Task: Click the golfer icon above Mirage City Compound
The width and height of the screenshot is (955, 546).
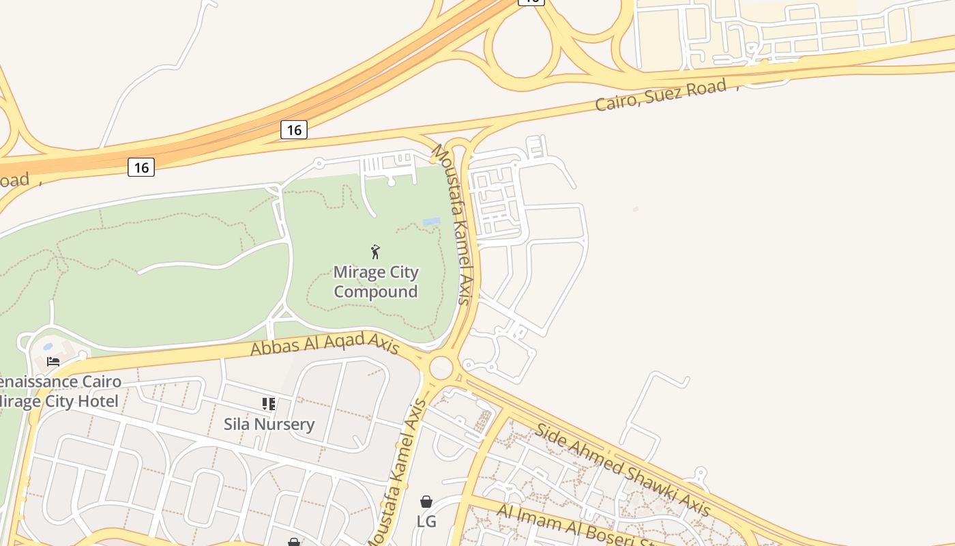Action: pyautogui.click(x=375, y=252)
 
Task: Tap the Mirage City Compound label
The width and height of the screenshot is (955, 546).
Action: pyautogui.click(x=376, y=282)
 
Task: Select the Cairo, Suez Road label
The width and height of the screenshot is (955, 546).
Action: pyautogui.click(x=660, y=95)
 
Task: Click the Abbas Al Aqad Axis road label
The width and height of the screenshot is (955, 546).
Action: pyautogui.click(x=325, y=344)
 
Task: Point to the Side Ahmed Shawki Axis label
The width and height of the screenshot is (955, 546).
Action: pyautogui.click(x=623, y=469)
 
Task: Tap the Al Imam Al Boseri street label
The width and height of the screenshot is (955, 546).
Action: pyautogui.click(x=580, y=528)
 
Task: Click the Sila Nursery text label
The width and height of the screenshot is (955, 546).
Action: pyautogui.click(x=269, y=425)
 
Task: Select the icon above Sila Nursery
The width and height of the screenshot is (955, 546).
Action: pyautogui.click(x=269, y=404)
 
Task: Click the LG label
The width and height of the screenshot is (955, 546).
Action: pyautogui.click(x=426, y=521)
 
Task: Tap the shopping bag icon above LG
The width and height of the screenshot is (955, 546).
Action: pyautogui.click(x=426, y=502)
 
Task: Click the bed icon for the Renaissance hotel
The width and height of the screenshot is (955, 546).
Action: pyautogui.click(x=53, y=361)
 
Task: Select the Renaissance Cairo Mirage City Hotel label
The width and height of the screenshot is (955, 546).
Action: pyautogui.click(x=59, y=392)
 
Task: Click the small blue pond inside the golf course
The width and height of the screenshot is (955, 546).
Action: pyautogui.click(x=431, y=222)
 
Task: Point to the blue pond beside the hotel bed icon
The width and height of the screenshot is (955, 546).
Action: pyautogui.click(x=48, y=347)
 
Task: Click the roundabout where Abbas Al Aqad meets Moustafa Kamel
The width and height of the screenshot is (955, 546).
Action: pyautogui.click(x=441, y=367)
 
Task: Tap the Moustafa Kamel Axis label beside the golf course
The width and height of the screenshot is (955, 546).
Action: pyautogui.click(x=455, y=225)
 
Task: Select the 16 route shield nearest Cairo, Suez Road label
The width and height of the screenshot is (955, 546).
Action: pyautogui.click(x=294, y=130)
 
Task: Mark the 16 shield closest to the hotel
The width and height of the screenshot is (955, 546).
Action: pyautogui.click(x=141, y=167)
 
